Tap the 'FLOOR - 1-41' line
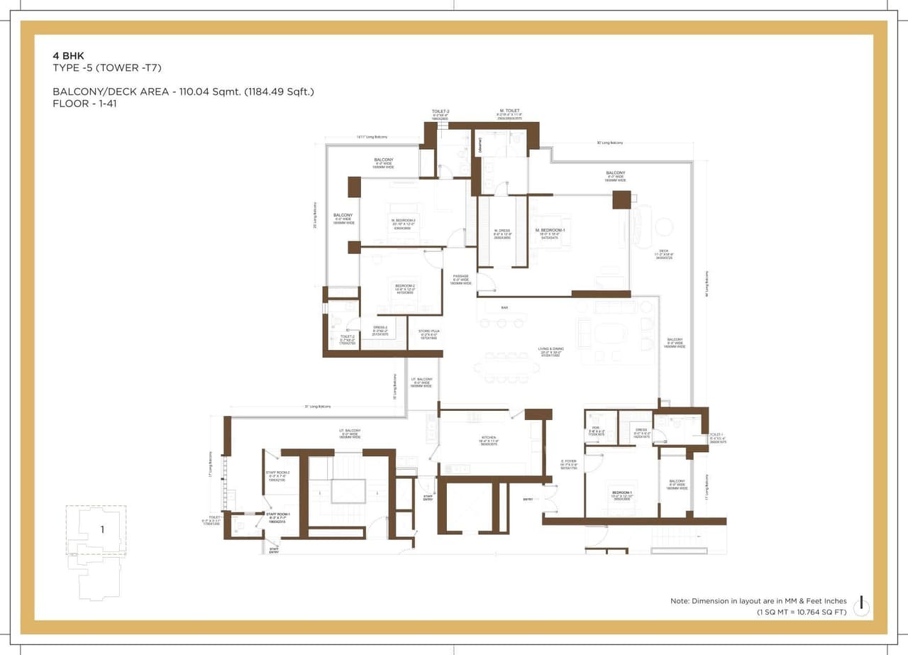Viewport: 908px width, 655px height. pyautogui.click(x=82, y=103)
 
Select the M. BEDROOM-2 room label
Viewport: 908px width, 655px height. pyautogui.click(x=402, y=221)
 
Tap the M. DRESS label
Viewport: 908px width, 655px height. pyautogui.click(x=502, y=231)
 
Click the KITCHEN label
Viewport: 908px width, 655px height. pyautogui.click(x=488, y=438)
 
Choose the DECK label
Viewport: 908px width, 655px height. pyautogui.click(x=664, y=251)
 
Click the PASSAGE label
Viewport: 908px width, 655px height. pyautogui.click(x=461, y=276)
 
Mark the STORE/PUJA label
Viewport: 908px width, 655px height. pyautogui.click(x=426, y=331)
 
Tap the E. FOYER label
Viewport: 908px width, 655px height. pyautogui.click(x=568, y=461)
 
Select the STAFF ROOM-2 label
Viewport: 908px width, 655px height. pyautogui.click(x=277, y=473)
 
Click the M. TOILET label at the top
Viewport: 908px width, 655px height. pyautogui.click(x=510, y=111)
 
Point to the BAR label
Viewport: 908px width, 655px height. pyautogui.click(x=504, y=307)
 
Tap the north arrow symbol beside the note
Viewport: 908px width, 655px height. pyautogui.click(x=861, y=605)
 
